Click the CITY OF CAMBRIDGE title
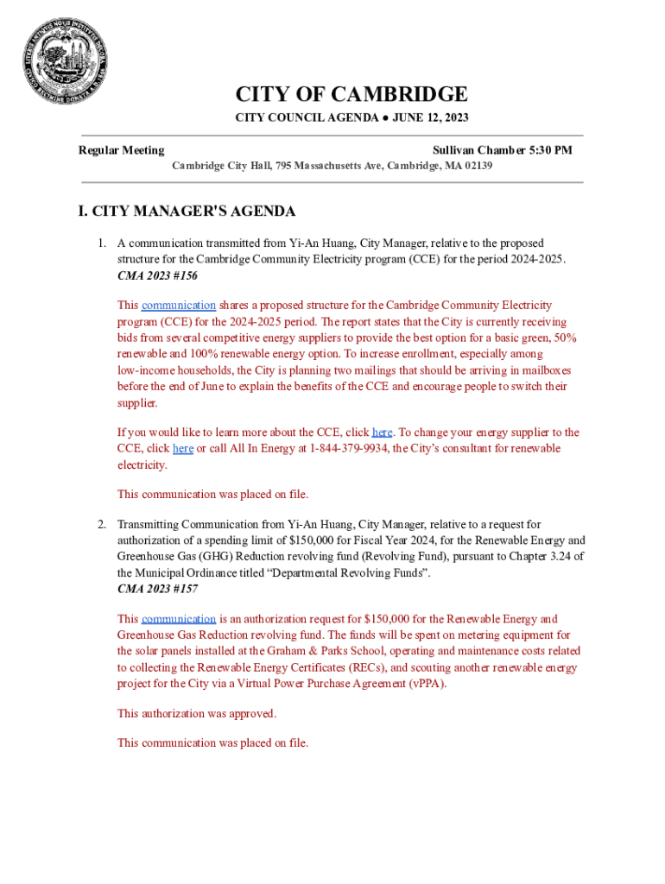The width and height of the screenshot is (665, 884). tap(351, 94)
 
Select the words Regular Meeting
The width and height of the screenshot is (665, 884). tap(122, 150)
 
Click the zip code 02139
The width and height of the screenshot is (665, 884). tap(477, 165)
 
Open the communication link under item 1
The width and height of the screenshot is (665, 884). tap(179, 306)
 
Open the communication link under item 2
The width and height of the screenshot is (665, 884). tap(179, 619)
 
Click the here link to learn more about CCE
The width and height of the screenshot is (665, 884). tap(382, 433)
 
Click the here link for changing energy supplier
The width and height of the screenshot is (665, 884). tap(183, 449)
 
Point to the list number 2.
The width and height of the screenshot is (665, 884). tap(101, 524)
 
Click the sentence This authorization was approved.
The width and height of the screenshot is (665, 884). tap(197, 714)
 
